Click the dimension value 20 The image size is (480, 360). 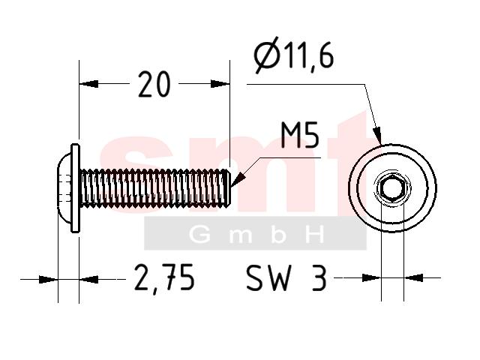tap(154, 84)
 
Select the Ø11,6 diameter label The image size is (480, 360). tap(294, 55)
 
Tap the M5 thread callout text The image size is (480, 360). tap(300, 135)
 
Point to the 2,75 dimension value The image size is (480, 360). tap(164, 277)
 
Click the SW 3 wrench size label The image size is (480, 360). tap(286, 277)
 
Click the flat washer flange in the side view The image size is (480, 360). tap(75, 188)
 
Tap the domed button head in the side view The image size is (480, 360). tap(64, 188)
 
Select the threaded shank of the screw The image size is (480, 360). tap(154, 188)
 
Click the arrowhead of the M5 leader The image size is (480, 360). tap(238, 180)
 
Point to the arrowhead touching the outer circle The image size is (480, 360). tap(377, 136)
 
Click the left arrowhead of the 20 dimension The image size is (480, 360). tap(88, 83)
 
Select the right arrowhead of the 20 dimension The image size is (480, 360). tap(220, 83)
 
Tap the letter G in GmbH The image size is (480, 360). tap(199, 235)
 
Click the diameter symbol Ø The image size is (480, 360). tap(268, 55)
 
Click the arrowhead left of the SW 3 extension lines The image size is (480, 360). tap(372, 278)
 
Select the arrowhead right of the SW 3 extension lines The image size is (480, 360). tap(413, 278)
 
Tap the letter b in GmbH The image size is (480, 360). tap(278, 235)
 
